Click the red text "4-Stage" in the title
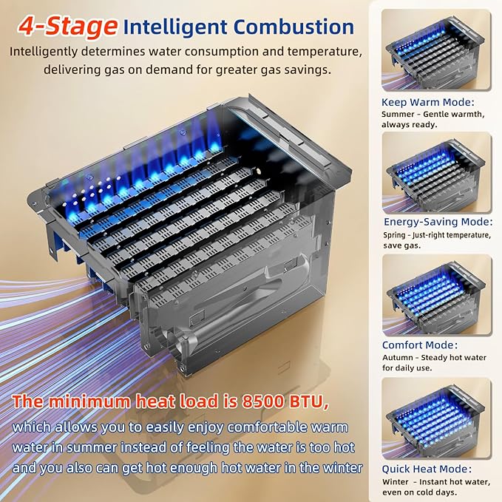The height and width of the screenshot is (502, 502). click(67, 27)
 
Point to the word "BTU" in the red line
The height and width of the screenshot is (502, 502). click(308, 401)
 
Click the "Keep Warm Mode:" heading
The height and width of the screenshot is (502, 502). click(428, 102)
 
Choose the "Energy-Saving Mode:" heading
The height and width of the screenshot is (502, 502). click(438, 222)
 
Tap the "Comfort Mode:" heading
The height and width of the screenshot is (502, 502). click(420, 345)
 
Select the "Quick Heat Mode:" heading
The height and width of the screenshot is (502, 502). click(427, 469)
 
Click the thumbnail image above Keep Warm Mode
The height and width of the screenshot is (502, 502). click(436, 50)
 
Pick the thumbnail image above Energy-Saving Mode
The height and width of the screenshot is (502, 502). click(437, 172)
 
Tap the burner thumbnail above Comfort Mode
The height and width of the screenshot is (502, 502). click(437, 295)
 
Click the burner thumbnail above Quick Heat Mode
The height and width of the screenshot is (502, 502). click(437, 418)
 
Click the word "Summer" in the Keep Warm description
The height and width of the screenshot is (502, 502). click(398, 115)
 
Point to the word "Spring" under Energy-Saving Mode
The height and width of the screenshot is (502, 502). click(394, 235)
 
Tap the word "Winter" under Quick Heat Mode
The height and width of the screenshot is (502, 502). click(395, 482)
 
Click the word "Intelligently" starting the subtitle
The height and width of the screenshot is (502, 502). click(44, 52)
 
